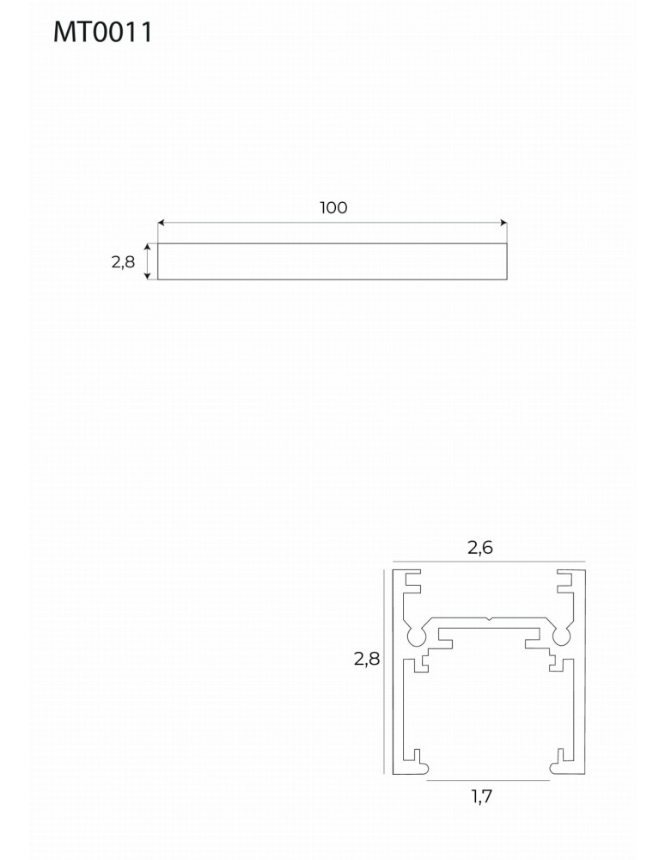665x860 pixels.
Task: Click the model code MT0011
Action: (x=102, y=32)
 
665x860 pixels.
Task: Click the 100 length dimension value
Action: (x=332, y=207)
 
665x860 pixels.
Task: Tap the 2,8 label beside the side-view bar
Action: (x=123, y=262)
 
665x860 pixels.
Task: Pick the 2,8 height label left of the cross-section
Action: (x=366, y=660)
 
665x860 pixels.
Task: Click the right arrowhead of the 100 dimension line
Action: (x=503, y=223)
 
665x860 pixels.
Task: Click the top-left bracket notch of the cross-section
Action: (x=414, y=582)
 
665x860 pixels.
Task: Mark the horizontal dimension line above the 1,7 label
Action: (x=488, y=781)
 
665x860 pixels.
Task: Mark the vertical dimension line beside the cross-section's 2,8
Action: (x=382, y=671)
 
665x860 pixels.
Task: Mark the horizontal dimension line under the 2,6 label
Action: (x=488, y=562)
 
